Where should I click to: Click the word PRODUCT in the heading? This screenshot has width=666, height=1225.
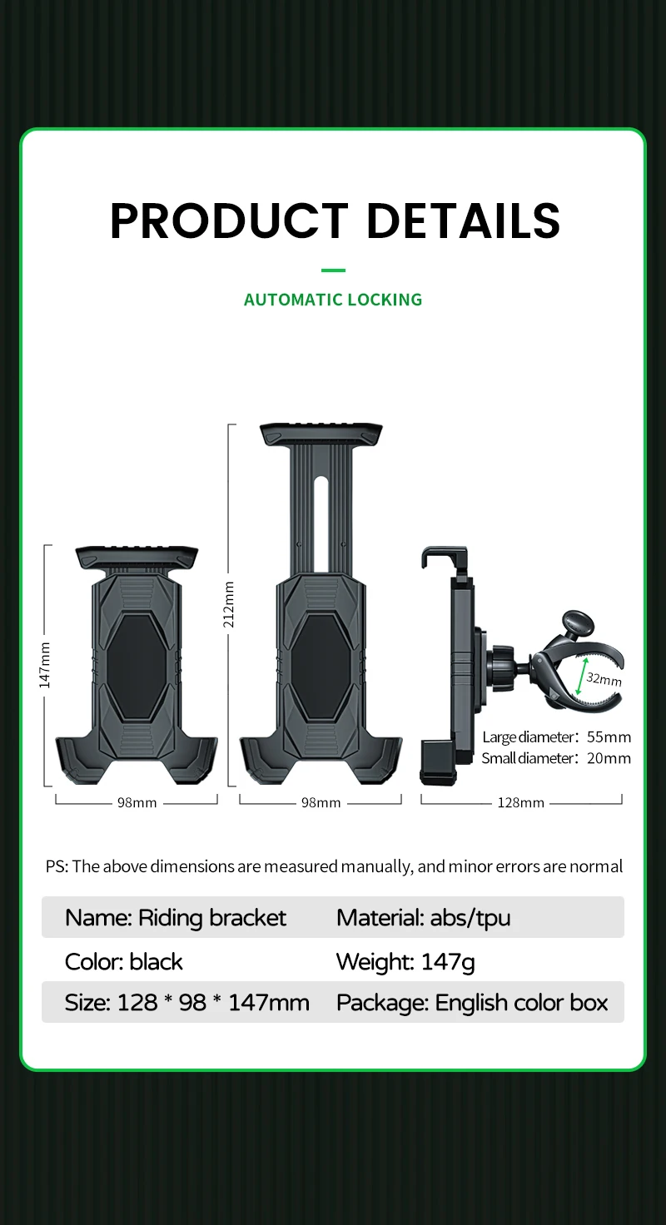pos(229,221)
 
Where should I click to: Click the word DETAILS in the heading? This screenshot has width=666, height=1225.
pos(463,221)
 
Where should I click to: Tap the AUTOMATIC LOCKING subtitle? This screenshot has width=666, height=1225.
pos(333,300)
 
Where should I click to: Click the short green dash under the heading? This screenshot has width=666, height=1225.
pos(333,270)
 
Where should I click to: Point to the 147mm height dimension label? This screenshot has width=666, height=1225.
pos(46,665)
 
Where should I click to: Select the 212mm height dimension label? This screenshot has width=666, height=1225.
pos(229,603)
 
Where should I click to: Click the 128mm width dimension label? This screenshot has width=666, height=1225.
pos(521,802)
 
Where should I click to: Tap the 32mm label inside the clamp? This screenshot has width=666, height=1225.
pos(604,678)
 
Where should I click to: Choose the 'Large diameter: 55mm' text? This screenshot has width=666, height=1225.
pos(556,736)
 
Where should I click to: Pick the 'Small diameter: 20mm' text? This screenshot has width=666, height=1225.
pos(556,758)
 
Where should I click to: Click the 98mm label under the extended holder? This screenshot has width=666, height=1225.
pos(321,802)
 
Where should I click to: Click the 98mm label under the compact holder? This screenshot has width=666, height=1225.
pos(137,802)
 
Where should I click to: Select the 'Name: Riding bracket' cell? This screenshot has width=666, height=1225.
pos(176,917)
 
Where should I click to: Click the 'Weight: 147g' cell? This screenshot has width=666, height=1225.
pos(405,961)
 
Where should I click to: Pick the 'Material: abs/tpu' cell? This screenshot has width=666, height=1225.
pos(423,917)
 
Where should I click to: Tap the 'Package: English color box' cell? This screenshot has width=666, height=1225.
pos(472,1003)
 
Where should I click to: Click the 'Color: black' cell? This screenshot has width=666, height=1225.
pos(124,961)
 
